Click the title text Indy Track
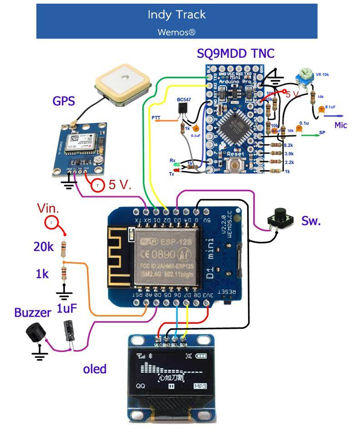click(176, 15)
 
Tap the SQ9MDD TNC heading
click(235, 54)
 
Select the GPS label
click(64, 101)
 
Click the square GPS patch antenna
click(123, 85)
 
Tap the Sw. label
click(311, 221)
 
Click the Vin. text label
click(48, 208)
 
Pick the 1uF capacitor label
click(66, 309)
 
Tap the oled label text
click(95, 369)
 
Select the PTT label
click(156, 117)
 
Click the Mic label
click(341, 125)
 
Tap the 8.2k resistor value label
click(288, 145)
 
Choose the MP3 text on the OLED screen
click(200, 386)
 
